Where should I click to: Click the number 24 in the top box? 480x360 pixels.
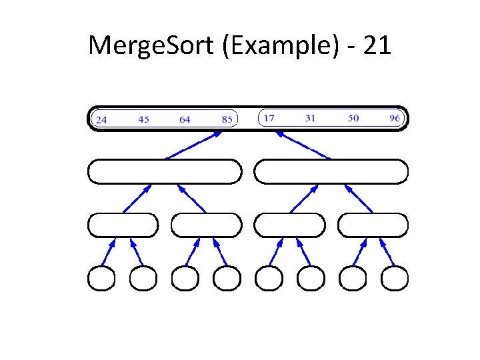point(101,120)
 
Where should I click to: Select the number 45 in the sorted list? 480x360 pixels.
point(143,120)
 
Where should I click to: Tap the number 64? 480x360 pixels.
point(185,120)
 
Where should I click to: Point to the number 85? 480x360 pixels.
point(227,120)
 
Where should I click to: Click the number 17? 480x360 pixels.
point(269,118)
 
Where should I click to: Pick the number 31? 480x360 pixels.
point(310,118)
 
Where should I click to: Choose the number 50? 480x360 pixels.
point(353,118)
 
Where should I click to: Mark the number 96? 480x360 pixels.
point(395,119)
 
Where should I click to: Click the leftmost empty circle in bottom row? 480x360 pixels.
point(101,278)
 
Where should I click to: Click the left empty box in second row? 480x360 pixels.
point(164,171)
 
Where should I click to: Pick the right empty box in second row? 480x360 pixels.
point(331,171)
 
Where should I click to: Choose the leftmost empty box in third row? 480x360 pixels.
point(123,225)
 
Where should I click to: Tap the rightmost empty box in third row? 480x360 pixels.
point(373,225)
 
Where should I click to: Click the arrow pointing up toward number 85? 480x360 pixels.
point(193,145)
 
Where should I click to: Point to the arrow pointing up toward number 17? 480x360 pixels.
point(303,145)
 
